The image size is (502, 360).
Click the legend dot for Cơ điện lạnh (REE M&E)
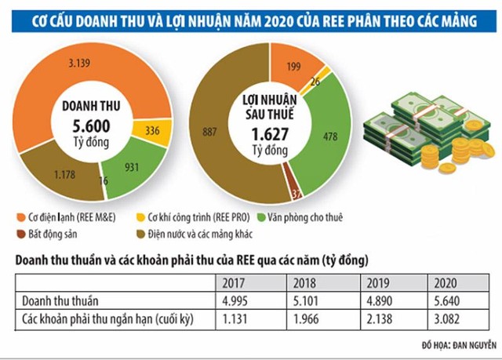tap(18, 216)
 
